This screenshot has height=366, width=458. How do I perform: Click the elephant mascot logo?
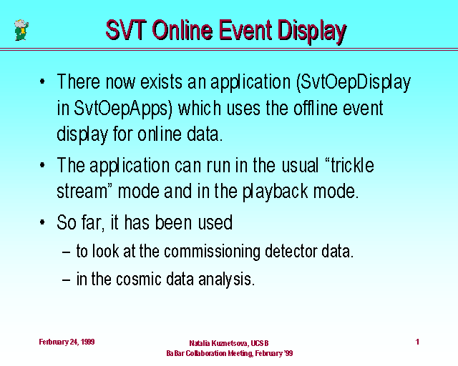[21, 30]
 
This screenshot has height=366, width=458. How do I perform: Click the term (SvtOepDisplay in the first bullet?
[354, 83]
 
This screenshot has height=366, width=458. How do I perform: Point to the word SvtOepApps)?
[123, 109]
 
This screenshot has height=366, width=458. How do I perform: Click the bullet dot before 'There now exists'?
[42, 81]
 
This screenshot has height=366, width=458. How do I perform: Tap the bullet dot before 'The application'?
[42, 165]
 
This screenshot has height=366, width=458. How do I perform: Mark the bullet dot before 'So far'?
[42, 222]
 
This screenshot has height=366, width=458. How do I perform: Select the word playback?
[275, 192]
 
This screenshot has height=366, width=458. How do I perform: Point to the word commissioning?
[212, 252]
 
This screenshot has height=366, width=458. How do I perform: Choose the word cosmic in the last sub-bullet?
[139, 279]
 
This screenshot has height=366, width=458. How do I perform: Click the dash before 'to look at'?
[67, 252]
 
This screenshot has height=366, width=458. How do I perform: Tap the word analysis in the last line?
[227, 280]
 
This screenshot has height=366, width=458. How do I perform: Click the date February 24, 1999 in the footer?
[67, 342]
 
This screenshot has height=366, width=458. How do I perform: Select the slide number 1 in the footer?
[417, 342]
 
